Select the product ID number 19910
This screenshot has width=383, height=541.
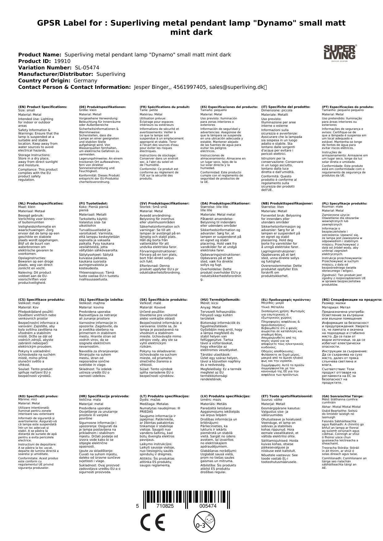point(62,61)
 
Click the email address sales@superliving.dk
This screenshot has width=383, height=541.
point(236,87)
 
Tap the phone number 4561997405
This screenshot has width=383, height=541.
point(189,87)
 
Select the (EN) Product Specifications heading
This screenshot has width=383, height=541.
point(43,107)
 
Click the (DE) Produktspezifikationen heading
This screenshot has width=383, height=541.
point(102,107)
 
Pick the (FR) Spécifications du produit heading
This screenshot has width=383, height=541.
point(164,107)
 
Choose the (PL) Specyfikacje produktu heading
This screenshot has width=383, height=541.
point(344,204)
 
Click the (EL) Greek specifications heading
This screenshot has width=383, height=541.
point(286,299)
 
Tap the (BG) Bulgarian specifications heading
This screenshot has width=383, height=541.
point(352,299)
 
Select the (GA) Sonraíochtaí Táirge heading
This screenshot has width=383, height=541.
point(343,396)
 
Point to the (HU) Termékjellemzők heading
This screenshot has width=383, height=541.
point(220,299)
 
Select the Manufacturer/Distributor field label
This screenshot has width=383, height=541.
point(56,74)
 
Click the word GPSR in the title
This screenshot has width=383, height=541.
point(49,23)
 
